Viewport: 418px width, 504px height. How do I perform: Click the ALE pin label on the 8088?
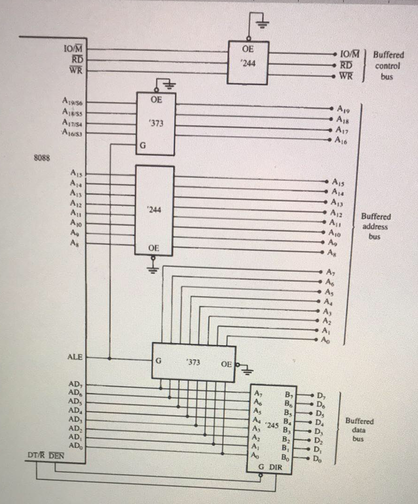75,357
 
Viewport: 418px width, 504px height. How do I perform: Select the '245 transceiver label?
272,426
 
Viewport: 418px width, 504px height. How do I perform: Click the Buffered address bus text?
375,226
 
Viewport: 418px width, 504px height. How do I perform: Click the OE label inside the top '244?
248,47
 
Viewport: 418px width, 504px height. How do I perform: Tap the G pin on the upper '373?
143,146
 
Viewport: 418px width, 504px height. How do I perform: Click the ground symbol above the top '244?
261,24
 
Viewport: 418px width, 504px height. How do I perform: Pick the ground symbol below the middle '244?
154,269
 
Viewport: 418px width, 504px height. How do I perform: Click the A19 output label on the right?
343,109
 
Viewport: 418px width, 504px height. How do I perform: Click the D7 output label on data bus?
321,395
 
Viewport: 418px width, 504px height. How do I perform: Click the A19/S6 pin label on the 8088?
71,102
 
